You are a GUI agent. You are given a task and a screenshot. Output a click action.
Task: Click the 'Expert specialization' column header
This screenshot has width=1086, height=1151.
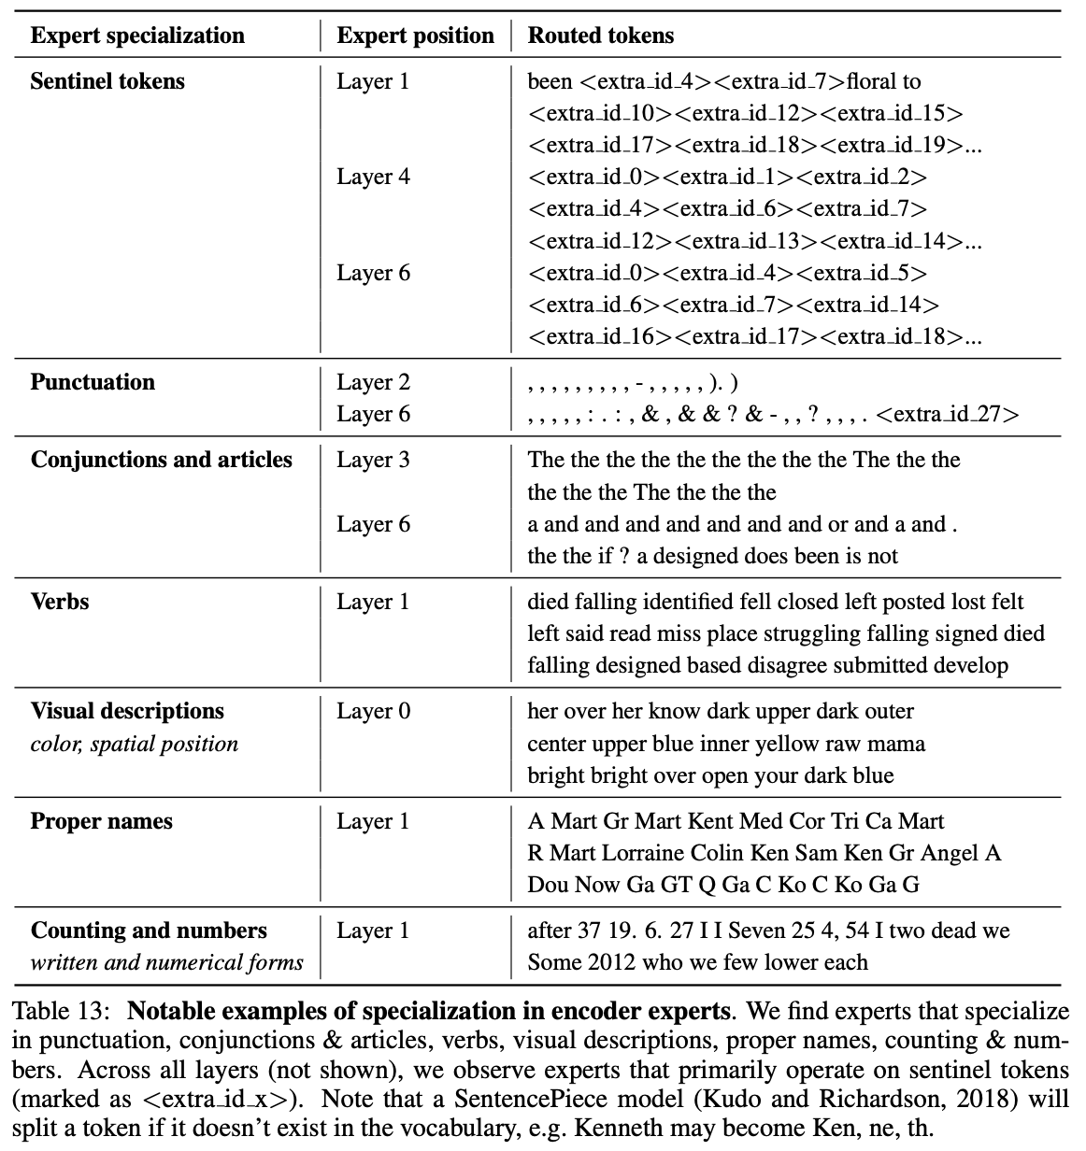click(137, 36)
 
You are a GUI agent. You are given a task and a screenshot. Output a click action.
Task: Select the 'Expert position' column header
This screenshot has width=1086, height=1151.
click(415, 36)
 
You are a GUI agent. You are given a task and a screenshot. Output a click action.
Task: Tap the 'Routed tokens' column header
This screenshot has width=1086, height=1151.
click(601, 36)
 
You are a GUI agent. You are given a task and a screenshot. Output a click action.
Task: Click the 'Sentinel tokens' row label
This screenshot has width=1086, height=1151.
click(107, 81)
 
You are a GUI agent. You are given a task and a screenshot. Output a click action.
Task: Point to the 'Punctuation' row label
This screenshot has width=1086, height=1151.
click(93, 382)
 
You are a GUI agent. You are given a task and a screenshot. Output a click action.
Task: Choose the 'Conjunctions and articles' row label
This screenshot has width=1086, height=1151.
click(162, 460)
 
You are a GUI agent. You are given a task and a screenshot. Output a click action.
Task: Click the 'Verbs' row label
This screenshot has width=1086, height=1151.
click(60, 602)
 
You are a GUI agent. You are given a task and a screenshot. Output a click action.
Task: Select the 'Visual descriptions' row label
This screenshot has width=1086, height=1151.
click(127, 711)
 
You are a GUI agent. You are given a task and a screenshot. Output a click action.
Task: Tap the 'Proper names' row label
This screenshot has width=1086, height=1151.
click(102, 821)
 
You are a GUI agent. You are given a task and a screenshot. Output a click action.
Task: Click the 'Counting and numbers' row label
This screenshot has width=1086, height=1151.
click(149, 931)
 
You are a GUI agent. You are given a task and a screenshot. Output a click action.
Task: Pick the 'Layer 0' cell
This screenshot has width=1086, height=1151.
click(373, 711)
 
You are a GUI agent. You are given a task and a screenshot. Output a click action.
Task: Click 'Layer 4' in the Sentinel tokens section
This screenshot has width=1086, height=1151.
click(373, 177)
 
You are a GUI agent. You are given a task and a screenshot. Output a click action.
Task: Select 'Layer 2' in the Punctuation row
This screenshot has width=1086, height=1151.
click(373, 382)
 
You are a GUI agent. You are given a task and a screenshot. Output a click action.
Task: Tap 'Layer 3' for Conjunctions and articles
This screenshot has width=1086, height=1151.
click(373, 460)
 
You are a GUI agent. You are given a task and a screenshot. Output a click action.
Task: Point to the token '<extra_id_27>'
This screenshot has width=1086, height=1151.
click(949, 414)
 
